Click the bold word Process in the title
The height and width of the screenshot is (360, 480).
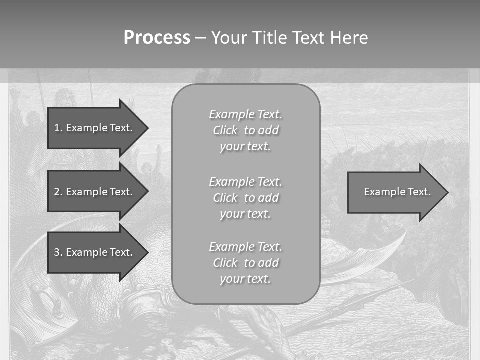pos(157,38)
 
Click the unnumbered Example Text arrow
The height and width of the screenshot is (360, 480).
pos(395,192)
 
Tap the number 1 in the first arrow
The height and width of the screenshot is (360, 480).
pos(56,128)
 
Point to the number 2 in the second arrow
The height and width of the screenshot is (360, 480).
pos(56,192)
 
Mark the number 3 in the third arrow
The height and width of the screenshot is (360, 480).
pos(56,252)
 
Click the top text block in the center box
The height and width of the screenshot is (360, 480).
pos(245,130)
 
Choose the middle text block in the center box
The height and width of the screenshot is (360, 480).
pos(245,198)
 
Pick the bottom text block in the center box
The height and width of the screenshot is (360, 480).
pos(245,263)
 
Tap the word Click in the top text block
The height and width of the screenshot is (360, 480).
pos(225,130)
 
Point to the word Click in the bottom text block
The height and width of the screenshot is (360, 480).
pos(225,263)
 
